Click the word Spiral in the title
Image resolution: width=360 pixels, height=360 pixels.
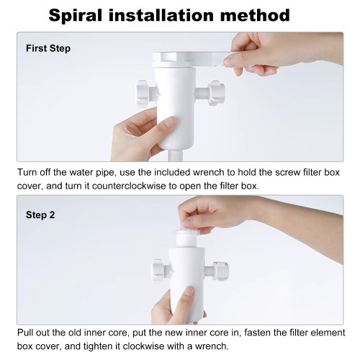point(76,16)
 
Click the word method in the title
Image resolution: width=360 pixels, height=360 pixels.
point(255,15)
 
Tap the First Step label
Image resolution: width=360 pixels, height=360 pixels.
point(48,48)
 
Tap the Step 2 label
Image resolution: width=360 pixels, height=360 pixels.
point(40,215)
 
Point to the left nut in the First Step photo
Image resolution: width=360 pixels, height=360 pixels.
point(145,94)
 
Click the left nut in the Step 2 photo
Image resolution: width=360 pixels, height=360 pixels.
point(161,269)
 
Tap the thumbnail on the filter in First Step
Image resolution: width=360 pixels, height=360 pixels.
point(171,122)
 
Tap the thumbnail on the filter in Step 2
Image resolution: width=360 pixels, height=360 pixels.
point(189,292)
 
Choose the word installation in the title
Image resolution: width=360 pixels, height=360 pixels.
point(161,15)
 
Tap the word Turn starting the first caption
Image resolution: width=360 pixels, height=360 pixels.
point(27,173)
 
